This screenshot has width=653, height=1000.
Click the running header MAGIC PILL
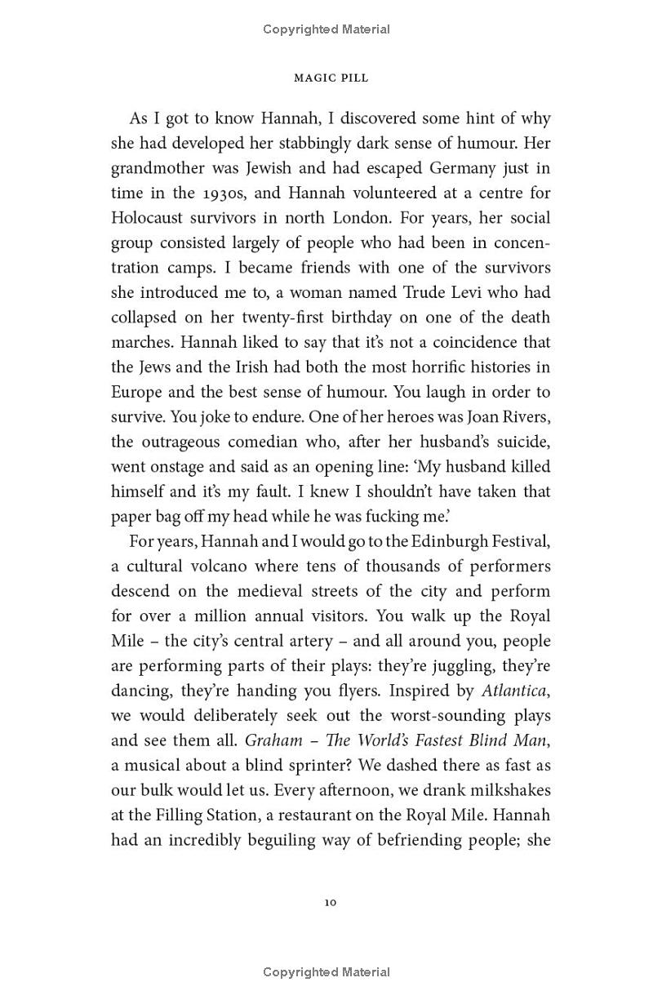[x=331, y=78]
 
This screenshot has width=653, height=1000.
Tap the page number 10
[x=330, y=902]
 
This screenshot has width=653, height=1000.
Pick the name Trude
[x=426, y=292]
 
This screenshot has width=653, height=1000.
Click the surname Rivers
[x=522, y=416]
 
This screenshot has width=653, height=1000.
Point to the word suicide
[x=520, y=442]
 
